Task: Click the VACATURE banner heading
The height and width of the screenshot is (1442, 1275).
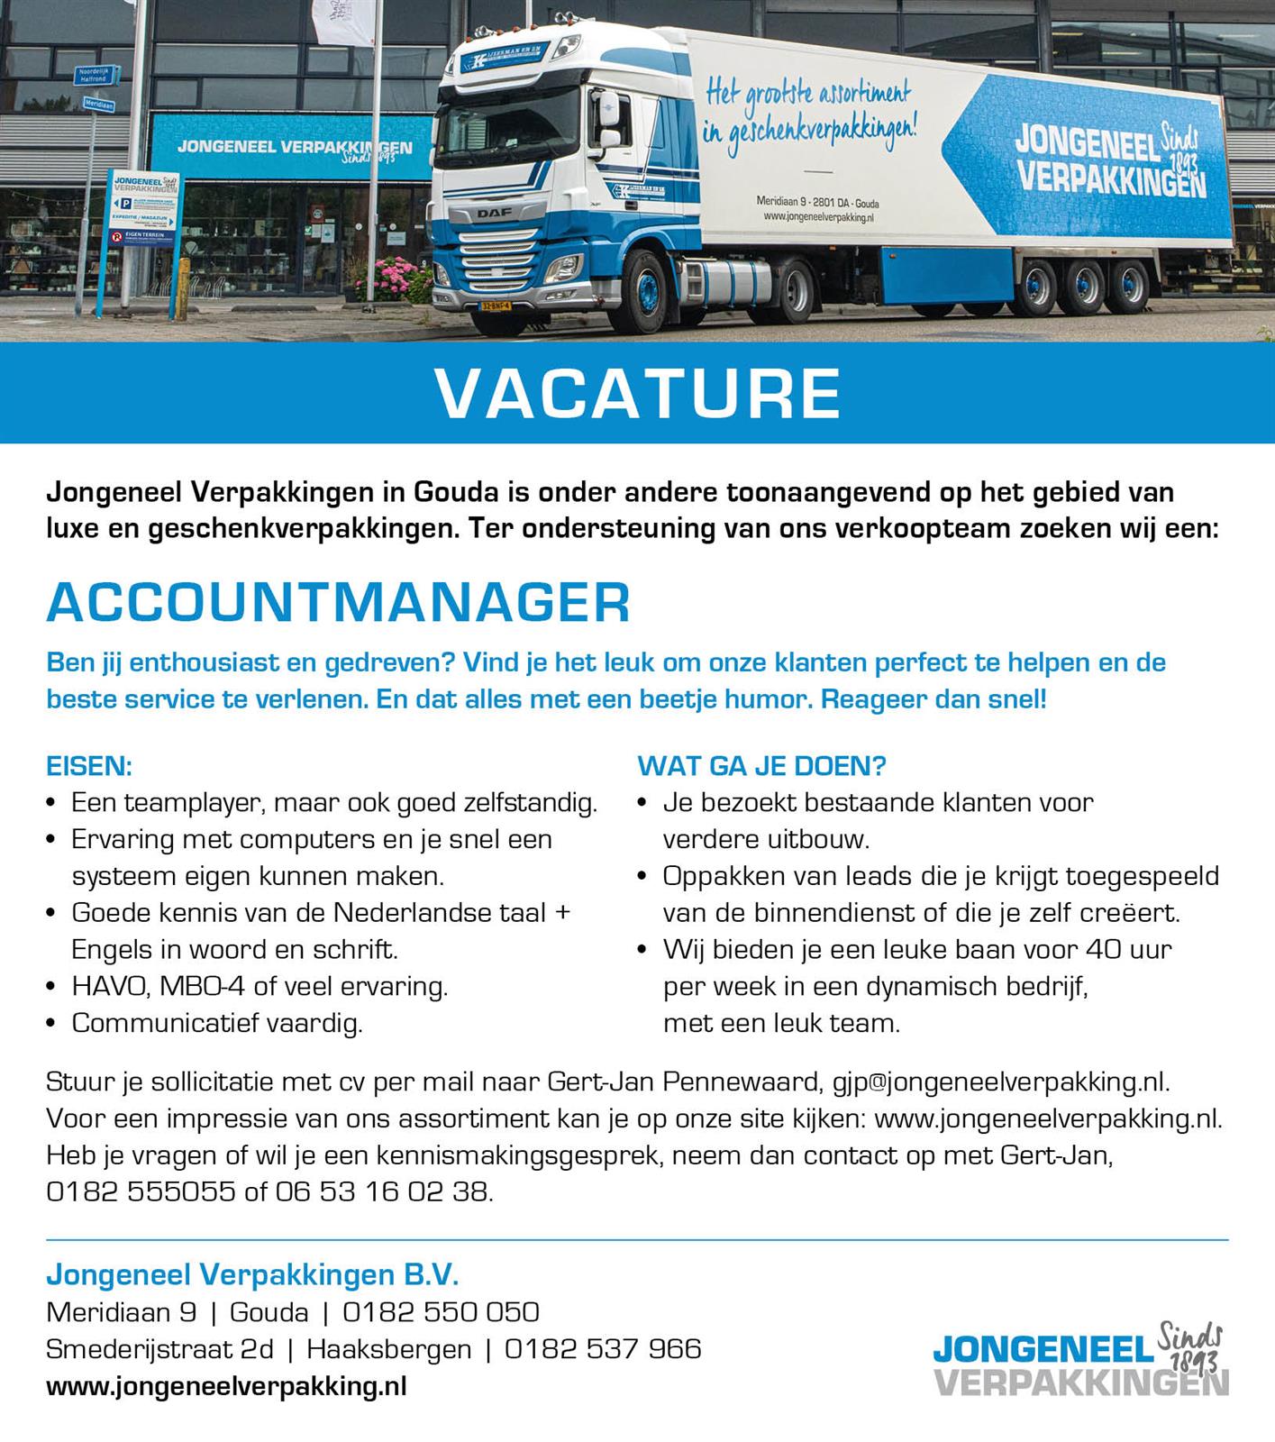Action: pyautogui.click(x=637, y=393)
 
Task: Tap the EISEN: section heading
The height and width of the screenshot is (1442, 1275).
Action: pyautogui.click(x=89, y=766)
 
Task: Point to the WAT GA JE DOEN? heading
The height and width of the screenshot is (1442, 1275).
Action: pyautogui.click(x=761, y=766)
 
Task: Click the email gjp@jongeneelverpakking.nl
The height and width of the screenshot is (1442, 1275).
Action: pyautogui.click(x=1000, y=1081)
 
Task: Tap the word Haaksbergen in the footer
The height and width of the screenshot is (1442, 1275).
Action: pyautogui.click(x=388, y=1348)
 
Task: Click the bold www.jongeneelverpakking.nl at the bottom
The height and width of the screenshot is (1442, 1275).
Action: pyautogui.click(x=226, y=1386)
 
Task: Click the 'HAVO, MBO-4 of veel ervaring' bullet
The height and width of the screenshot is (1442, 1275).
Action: pyautogui.click(x=260, y=986)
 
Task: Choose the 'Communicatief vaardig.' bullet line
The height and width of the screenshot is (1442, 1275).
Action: pyautogui.click(x=216, y=1023)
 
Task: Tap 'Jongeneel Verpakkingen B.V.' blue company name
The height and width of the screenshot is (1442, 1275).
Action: pyautogui.click(x=252, y=1274)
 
